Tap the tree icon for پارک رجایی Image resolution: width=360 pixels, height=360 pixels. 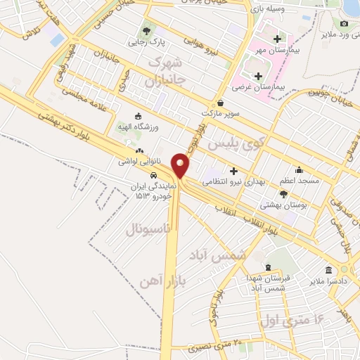[x=146, y=31]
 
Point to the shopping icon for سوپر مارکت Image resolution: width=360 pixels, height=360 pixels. [x=219, y=103]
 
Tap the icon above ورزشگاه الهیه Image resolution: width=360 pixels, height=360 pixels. [x=138, y=116]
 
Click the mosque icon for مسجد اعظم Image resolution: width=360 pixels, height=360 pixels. [x=299, y=169]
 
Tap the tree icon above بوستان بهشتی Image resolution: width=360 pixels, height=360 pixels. [x=283, y=194]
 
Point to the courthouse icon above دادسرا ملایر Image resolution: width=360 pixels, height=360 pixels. [x=328, y=271]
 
